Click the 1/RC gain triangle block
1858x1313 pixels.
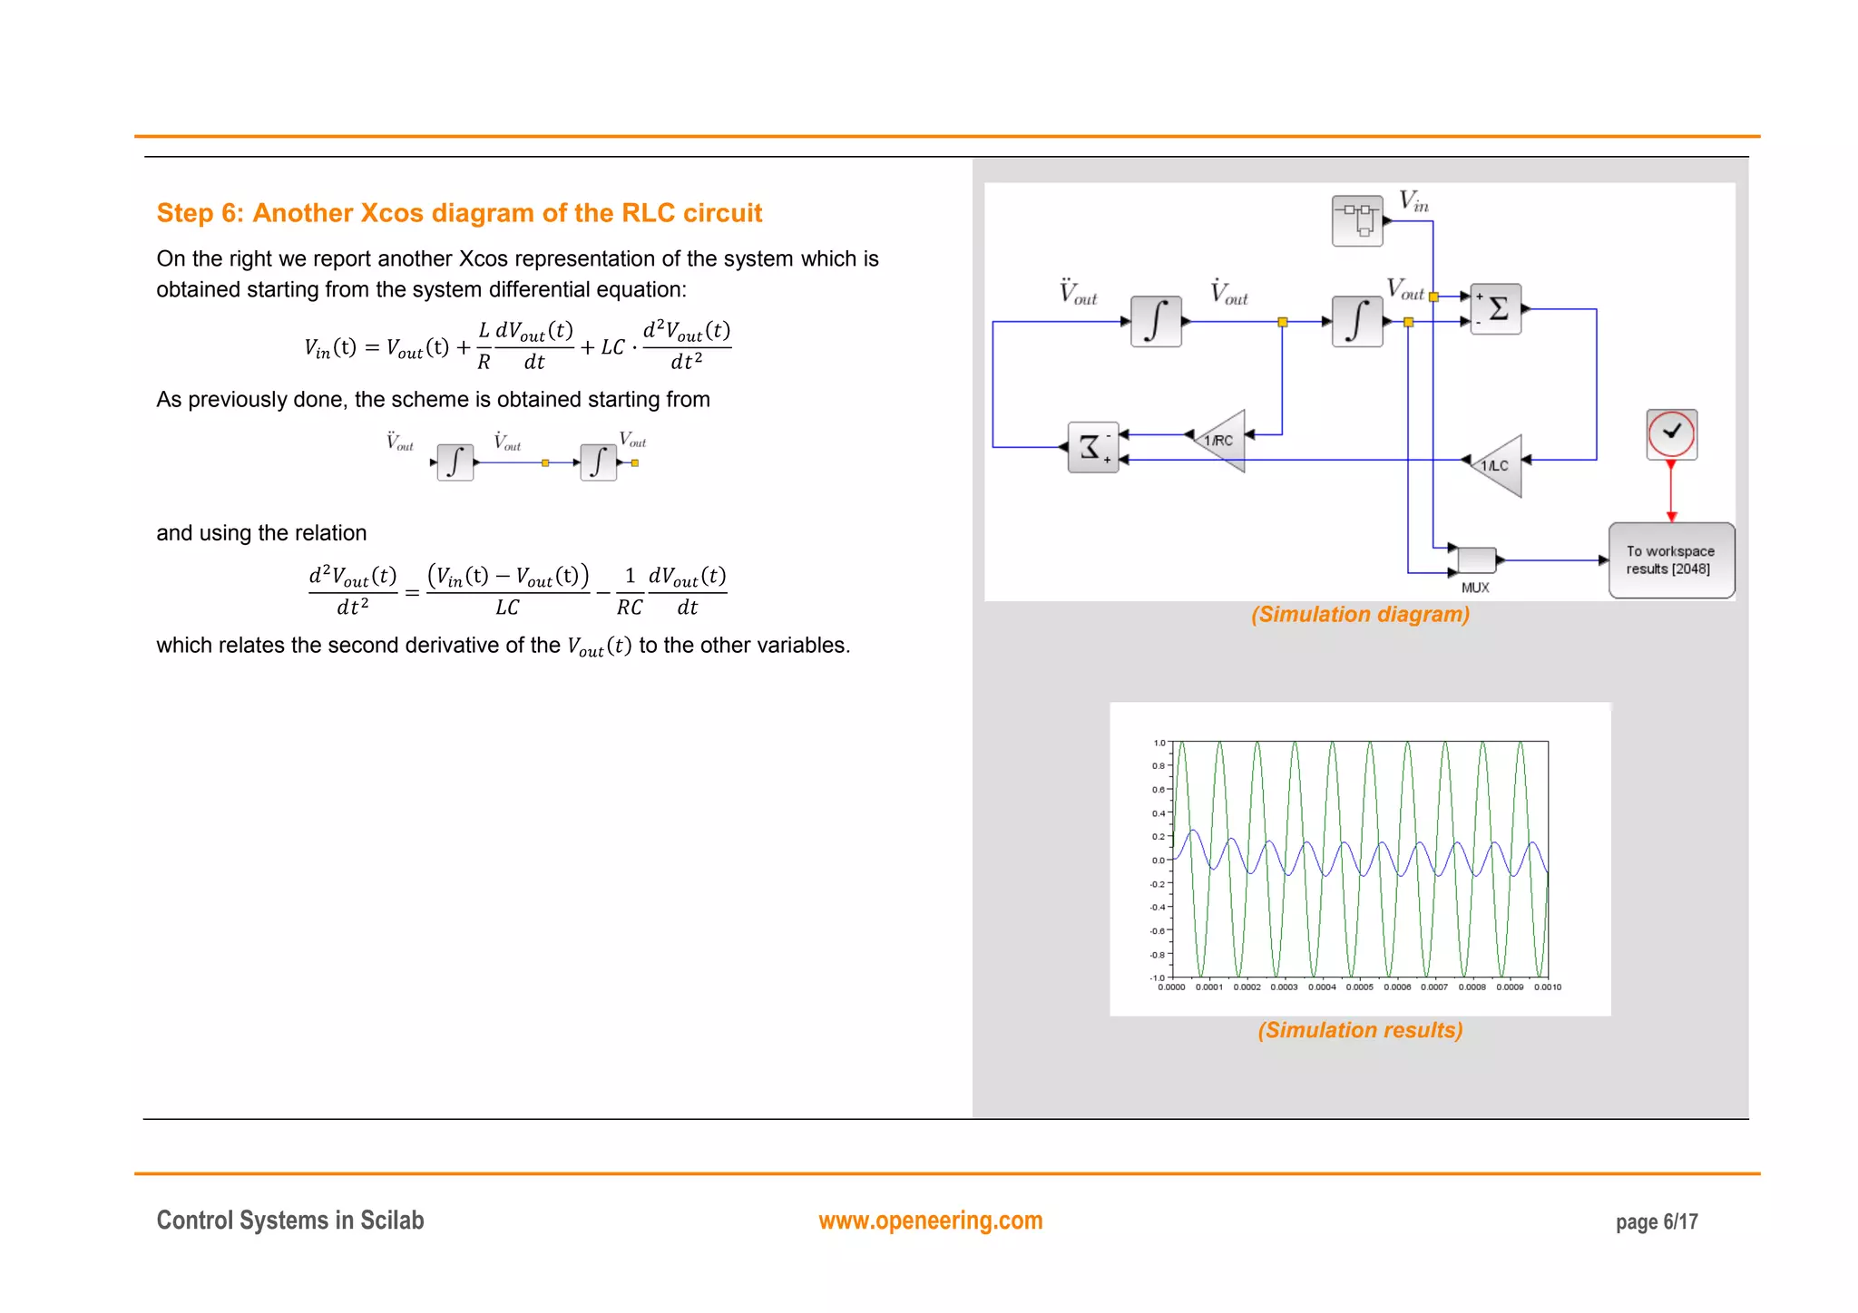pyautogui.click(x=1221, y=441)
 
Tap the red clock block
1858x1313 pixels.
pyautogui.click(x=1671, y=434)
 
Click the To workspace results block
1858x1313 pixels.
pyautogui.click(x=1671, y=560)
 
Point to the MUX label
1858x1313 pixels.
pyautogui.click(x=1475, y=588)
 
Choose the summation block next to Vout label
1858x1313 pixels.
pyautogui.click(x=1495, y=309)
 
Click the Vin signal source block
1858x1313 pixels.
pyautogui.click(x=1357, y=220)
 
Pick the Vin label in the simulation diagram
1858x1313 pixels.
pyautogui.click(x=1413, y=201)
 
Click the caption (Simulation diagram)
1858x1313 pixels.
pyautogui.click(x=1360, y=615)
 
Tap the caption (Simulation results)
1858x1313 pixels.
pyautogui.click(x=1360, y=1030)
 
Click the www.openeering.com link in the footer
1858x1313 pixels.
pyautogui.click(x=930, y=1221)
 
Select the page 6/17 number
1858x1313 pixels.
pyautogui.click(x=1657, y=1222)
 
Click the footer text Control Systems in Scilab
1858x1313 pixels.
pyautogui.click(x=290, y=1221)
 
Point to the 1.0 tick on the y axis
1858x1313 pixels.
pyautogui.click(x=1159, y=743)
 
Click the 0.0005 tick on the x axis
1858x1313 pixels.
pyautogui.click(x=1359, y=987)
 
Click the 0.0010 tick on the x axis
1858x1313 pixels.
pyautogui.click(x=1548, y=987)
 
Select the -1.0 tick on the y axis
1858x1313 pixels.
pyautogui.click(x=1158, y=977)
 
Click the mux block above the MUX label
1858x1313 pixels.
pyautogui.click(x=1476, y=559)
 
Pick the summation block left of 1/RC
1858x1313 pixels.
pyautogui.click(x=1093, y=447)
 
